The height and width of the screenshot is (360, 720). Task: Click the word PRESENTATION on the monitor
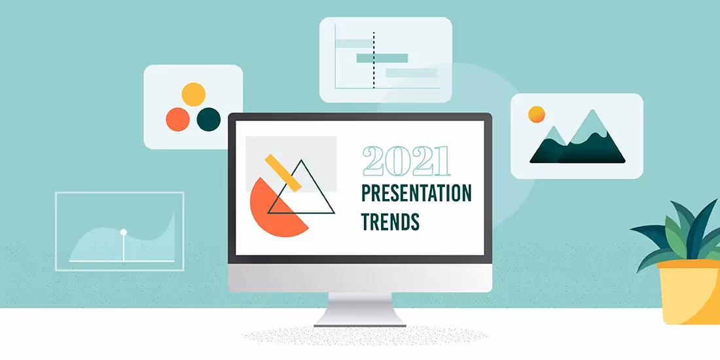pyautogui.click(x=416, y=194)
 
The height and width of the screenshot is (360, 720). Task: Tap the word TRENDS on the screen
pyautogui.click(x=390, y=221)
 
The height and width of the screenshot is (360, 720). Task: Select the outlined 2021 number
pyautogui.click(x=406, y=161)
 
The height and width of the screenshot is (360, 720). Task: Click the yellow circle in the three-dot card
pyautogui.click(x=193, y=94)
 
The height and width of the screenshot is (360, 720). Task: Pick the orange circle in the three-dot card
pyautogui.click(x=177, y=119)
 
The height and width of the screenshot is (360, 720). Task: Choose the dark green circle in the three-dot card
pyautogui.click(x=209, y=119)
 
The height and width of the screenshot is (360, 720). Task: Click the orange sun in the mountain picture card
pyautogui.click(x=537, y=115)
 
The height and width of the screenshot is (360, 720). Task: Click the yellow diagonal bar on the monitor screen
pyautogui.click(x=283, y=172)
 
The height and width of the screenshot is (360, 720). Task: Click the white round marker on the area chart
pyautogui.click(x=123, y=232)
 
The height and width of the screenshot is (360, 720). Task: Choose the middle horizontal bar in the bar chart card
pyautogui.click(x=377, y=58)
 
